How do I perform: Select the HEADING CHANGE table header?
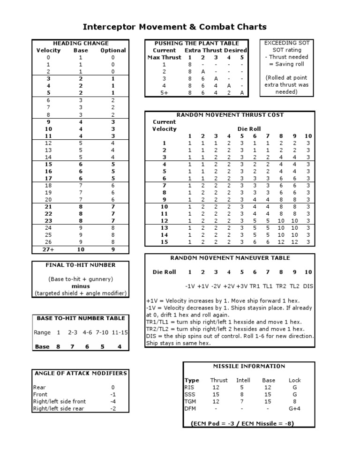[81, 43]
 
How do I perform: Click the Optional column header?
[113, 50]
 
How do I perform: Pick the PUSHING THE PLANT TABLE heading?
[196, 43]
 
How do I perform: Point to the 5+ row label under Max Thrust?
[164, 92]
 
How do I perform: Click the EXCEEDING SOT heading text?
[287, 43]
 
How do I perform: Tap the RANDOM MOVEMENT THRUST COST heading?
[230, 115]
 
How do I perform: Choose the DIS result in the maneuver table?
[308, 286]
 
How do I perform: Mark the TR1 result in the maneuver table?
[255, 286]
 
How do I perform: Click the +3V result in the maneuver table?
[242, 286]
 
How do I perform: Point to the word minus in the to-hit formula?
[81, 286]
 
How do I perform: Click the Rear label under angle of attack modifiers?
[39, 387]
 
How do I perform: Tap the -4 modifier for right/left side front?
[112, 401]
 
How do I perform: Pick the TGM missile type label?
[191, 401]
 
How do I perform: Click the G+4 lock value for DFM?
[294, 408]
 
